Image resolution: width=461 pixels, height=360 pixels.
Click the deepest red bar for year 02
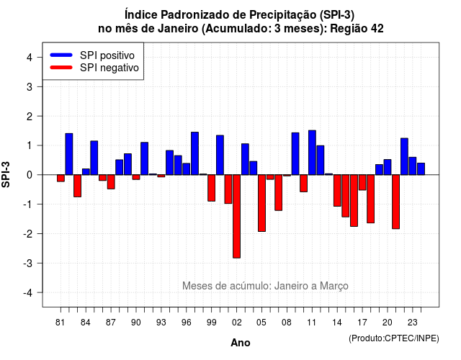(237, 216)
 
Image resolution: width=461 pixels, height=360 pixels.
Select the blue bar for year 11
(312, 153)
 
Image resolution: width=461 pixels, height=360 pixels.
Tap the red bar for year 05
(261, 203)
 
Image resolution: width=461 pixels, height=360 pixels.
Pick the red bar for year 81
(61, 178)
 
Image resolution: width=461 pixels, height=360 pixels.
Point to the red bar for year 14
(337, 190)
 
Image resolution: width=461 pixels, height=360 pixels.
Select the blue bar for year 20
(388, 167)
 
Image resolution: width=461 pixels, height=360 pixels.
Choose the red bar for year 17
(362, 182)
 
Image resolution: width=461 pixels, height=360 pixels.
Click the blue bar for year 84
(86, 171)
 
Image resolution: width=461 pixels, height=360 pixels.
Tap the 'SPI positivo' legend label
(107, 55)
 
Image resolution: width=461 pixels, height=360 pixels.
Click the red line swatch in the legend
(61, 68)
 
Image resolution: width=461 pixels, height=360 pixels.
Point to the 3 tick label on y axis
(30, 86)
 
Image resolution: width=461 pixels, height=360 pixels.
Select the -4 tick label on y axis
(28, 293)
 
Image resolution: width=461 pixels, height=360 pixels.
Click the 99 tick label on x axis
(211, 323)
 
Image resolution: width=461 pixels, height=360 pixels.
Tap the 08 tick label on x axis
(287, 323)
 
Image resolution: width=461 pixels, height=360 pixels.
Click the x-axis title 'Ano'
(241, 343)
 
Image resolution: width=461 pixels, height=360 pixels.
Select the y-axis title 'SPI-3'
(6, 174)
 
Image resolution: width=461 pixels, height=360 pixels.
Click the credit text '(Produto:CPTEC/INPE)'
(394, 338)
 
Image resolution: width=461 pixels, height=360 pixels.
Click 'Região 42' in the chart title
(357, 29)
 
